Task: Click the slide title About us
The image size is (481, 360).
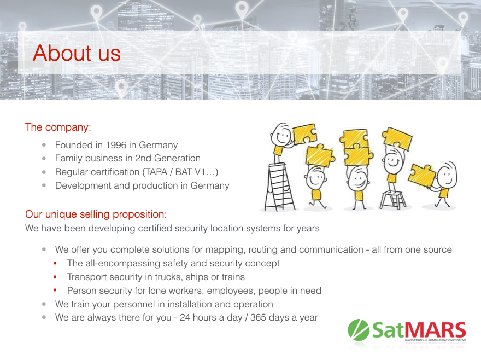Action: (77, 53)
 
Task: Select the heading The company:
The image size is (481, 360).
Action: (58, 127)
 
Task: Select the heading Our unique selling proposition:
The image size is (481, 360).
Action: (96, 214)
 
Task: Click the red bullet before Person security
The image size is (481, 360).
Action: (55, 291)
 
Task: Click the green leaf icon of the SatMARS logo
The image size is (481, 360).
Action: (359, 330)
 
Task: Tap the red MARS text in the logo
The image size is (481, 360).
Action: (437, 330)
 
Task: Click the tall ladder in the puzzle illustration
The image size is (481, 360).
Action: (279, 187)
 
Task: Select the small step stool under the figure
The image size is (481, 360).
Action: (393, 200)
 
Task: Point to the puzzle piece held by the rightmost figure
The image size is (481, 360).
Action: (422, 176)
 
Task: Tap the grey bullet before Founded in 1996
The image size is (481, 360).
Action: (44, 145)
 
